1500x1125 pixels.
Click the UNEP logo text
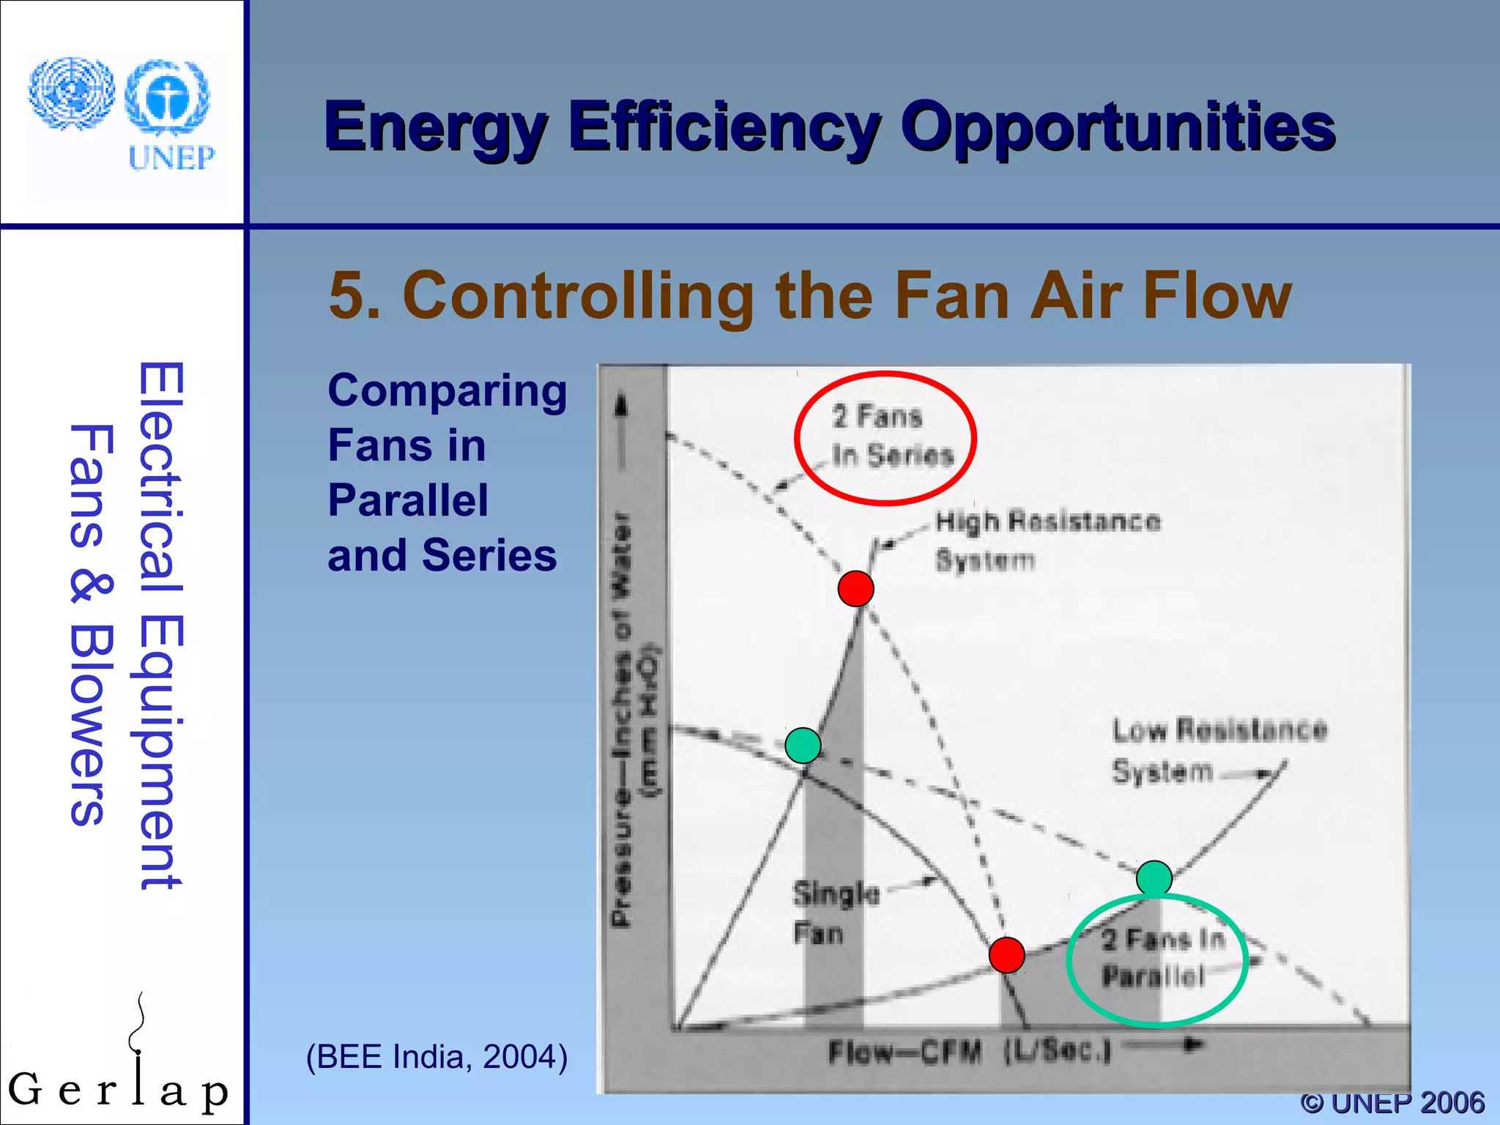(x=171, y=157)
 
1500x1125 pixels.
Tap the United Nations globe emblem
(x=71, y=94)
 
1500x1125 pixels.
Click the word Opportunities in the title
(x=1118, y=128)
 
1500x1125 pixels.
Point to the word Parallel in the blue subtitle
(x=408, y=501)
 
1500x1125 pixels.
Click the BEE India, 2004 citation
(x=437, y=1057)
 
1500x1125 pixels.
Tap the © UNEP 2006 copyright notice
(x=1392, y=1102)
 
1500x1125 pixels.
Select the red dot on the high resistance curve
(x=855, y=588)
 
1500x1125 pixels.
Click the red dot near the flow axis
(x=1006, y=955)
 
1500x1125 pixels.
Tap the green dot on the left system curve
(x=803, y=746)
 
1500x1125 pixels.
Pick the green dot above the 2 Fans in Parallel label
(x=1154, y=878)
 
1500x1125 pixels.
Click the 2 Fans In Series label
(x=892, y=436)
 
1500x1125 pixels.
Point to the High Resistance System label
(x=1047, y=541)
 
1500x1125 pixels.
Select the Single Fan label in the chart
(x=836, y=913)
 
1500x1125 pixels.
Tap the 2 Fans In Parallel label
(x=1162, y=957)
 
